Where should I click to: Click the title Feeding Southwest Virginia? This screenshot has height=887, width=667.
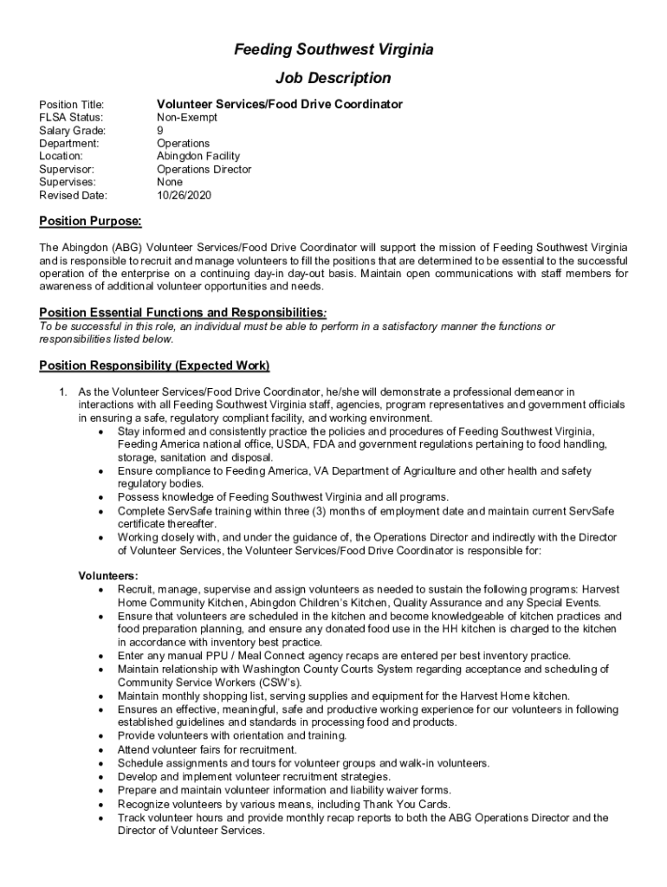(x=333, y=50)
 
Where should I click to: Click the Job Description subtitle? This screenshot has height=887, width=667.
(x=333, y=78)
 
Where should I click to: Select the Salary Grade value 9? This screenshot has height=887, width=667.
(x=159, y=130)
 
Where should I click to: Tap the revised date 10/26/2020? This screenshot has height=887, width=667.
(x=184, y=196)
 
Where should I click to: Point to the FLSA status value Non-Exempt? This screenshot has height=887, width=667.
(x=187, y=117)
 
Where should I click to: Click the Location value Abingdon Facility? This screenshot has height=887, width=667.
(x=198, y=156)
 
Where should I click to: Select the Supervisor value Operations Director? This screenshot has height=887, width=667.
(x=204, y=170)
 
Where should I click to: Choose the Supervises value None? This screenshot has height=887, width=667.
(x=170, y=183)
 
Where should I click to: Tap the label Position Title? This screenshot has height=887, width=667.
(x=72, y=105)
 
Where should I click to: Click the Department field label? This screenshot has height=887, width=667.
(x=69, y=143)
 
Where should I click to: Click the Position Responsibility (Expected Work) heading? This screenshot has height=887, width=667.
(x=154, y=365)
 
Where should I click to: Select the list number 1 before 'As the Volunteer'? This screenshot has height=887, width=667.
(x=62, y=392)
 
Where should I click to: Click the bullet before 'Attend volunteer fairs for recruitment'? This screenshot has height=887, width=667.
(x=102, y=750)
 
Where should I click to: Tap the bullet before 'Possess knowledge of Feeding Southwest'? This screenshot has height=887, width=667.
(x=102, y=497)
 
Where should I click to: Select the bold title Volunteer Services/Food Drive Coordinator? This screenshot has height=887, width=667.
(x=279, y=104)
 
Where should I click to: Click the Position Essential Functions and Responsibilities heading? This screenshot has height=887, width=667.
(x=183, y=312)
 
